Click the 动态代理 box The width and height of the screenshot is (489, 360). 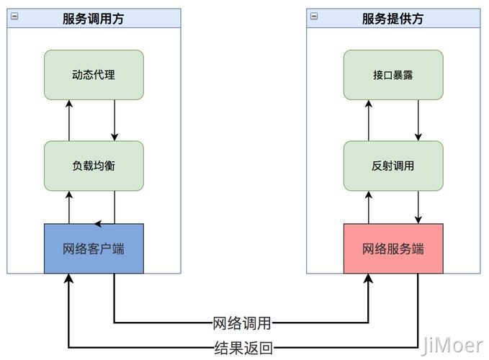[94, 75]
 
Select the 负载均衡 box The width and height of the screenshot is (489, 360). [94, 166]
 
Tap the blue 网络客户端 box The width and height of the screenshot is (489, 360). [94, 249]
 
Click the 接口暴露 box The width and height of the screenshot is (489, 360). [392, 75]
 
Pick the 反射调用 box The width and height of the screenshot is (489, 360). [392, 166]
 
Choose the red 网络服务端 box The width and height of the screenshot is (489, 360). [392, 249]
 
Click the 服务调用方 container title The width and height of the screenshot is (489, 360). [94, 19]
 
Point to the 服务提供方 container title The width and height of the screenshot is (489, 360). [392, 19]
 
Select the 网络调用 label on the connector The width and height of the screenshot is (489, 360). [243, 323]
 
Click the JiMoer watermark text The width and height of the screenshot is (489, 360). [452, 345]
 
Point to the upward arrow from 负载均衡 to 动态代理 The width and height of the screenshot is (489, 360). [69, 120]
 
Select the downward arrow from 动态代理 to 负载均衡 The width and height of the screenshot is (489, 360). [115, 120]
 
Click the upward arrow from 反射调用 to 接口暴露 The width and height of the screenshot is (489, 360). [369, 120]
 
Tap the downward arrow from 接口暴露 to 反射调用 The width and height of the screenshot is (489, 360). [418, 120]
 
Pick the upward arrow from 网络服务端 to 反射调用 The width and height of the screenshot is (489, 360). [369, 207]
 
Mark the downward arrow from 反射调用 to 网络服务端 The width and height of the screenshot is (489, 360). [418, 207]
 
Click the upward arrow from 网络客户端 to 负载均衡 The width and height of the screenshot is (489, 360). [69, 207]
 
